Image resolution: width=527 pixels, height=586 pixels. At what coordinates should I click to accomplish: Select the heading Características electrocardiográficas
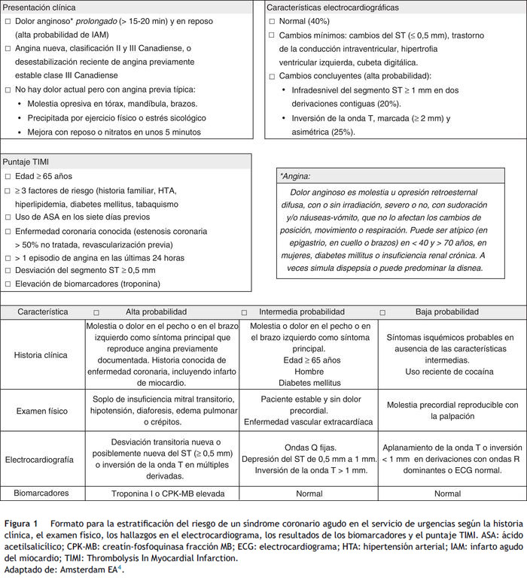(334, 8)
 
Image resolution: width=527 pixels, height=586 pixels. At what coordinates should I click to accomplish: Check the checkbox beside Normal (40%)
(272, 22)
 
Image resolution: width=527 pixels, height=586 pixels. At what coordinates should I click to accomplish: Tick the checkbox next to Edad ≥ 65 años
(8, 177)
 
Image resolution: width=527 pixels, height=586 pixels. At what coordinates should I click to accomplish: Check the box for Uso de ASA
(8, 218)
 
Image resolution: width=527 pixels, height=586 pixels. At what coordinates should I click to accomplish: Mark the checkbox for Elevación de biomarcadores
(8, 284)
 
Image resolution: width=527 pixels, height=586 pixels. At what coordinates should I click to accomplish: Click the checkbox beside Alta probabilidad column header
(96, 312)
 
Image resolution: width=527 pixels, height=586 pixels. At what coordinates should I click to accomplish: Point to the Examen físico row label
(42, 410)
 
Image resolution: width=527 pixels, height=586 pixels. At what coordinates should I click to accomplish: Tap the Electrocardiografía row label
(42, 458)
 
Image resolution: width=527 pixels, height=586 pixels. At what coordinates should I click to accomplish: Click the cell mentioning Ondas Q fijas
(309, 458)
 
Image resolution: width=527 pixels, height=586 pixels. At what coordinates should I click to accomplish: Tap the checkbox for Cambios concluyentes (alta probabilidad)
(272, 76)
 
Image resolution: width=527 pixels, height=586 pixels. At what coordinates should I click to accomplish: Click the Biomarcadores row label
(42, 494)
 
